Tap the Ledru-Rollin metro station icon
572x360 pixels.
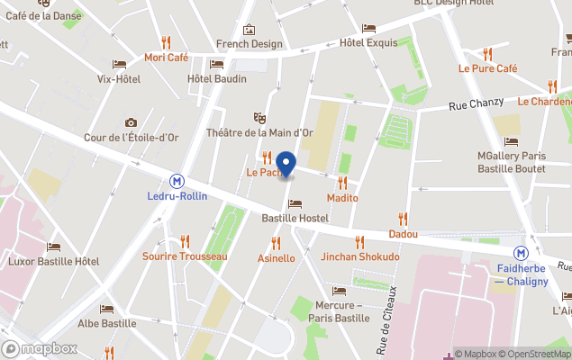pos(177,179)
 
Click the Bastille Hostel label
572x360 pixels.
pos(295,218)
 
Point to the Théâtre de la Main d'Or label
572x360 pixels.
pos(259,132)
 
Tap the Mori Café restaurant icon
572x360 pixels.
pos(166,41)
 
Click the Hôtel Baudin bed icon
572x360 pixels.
pos(216,64)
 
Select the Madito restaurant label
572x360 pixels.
pos(342,197)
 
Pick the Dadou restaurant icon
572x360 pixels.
pos(403,218)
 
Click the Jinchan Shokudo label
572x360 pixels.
pos(359,256)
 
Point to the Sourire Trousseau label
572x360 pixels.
pos(185,256)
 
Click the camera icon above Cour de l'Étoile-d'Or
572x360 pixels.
pos(131,122)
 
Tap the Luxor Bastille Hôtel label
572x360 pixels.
pos(53,261)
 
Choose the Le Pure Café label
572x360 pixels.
pos(487,68)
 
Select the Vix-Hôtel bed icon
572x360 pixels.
pos(119,64)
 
